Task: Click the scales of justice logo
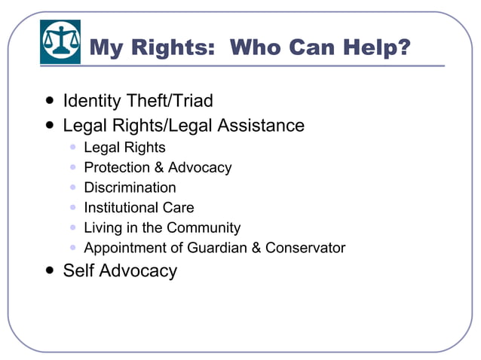(x=60, y=41)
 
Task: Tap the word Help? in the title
(x=372, y=48)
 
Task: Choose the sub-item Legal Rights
(x=124, y=148)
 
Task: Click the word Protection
(x=118, y=167)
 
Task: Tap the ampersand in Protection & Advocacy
(x=159, y=167)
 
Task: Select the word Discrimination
(x=130, y=188)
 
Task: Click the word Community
(x=204, y=227)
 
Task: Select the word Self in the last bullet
(x=78, y=271)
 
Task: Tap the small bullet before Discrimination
(x=72, y=188)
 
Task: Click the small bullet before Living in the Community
(x=72, y=227)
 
